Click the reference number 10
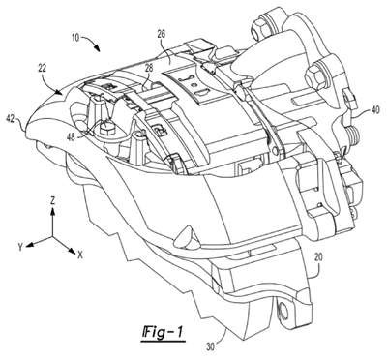(75, 37)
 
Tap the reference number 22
(43, 69)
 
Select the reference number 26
(161, 35)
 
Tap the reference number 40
(375, 110)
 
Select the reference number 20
(319, 258)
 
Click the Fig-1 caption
(164, 333)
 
